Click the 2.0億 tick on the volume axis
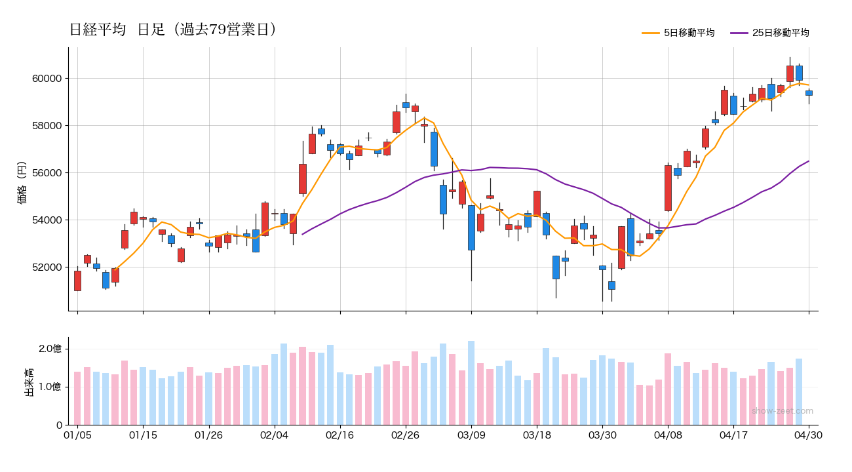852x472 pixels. (50, 349)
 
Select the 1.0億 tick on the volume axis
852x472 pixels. (50, 387)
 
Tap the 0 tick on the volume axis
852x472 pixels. (58, 425)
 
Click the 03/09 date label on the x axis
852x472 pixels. (471, 435)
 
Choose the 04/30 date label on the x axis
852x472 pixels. (808, 435)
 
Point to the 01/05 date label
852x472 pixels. (77, 435)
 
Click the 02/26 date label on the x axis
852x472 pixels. (406, 435)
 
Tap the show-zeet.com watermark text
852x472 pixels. (782, 411)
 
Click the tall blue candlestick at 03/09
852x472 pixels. (471, 227)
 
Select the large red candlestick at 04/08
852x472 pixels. (668, 187)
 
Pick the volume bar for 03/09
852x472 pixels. (471, 383)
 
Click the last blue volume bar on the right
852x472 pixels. (799, 391)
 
